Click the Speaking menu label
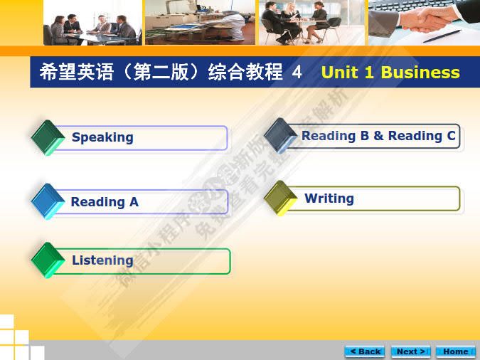[102, 137]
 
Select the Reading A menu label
[105, 202]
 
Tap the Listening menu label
[102, 260]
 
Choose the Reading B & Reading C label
[378, 136]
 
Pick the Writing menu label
[329, 198]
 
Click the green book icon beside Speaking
[48, 137]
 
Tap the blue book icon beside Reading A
[48, 201]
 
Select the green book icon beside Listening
[48, 260]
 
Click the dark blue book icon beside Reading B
[280, 135]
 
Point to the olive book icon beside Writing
[280, 198]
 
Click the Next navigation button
[411, 351]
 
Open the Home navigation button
[455, 351]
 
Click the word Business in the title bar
[420, 73]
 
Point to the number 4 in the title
[297, 73]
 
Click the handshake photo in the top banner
[423, 22]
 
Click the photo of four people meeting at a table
[92, 22]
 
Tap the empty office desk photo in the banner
[199, 22]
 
